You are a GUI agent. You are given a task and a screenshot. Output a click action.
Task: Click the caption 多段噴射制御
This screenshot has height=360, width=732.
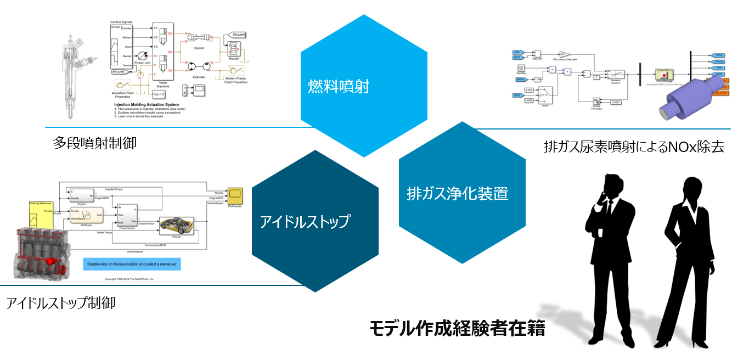[x=95, y=144]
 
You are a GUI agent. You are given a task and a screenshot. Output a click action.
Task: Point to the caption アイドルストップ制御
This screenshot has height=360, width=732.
[x=61, y=302]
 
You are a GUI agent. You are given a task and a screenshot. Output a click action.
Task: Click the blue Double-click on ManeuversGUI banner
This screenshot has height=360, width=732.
[x=132, y=264]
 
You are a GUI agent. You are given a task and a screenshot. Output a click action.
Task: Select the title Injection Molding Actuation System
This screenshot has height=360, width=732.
[x=146, y=104]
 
